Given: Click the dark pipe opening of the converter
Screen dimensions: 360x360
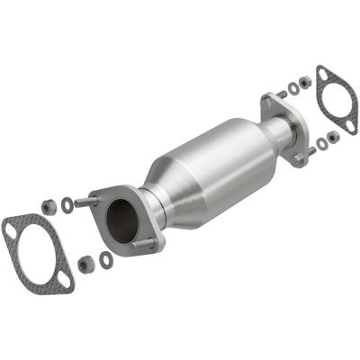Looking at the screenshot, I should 121,218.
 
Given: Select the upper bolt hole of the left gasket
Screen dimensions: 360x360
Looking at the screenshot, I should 9,229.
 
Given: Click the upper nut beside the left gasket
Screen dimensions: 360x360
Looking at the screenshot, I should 49,206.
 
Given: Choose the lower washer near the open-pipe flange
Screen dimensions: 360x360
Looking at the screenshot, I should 106,259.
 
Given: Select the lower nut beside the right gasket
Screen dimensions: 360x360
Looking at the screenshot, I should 333,137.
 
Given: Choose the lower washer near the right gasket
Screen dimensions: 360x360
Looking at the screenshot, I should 321,143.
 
